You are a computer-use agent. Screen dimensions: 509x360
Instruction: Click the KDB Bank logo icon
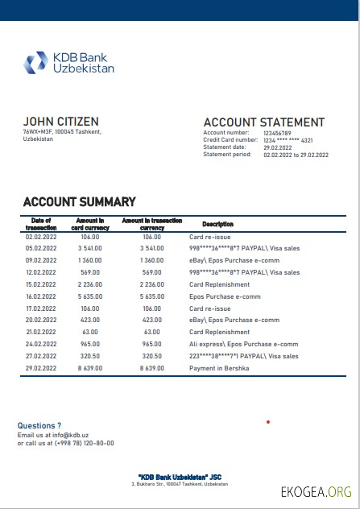point(36,62)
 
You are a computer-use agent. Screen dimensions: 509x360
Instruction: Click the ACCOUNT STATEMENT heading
point(263,122)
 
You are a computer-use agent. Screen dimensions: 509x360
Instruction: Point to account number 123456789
point(277,133)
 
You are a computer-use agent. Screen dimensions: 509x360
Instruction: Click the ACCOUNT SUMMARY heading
point(79,202)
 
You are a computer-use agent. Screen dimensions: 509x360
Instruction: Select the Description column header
point(217,224)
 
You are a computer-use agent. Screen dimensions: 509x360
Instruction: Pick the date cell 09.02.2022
point(41,261)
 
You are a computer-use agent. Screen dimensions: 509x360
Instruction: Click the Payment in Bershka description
point(219,368)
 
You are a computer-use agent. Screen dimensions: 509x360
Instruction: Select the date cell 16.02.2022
point(41,296)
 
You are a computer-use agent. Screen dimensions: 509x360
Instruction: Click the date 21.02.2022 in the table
point(41,332)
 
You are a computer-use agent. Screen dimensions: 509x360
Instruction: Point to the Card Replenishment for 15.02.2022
point(219,284)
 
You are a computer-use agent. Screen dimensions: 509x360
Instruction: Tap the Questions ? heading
point(39,425)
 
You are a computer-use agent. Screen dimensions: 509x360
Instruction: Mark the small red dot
point(267,421)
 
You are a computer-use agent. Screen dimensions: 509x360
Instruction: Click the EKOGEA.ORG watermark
point(316,491)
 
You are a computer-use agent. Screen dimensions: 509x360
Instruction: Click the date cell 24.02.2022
point(41,344)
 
